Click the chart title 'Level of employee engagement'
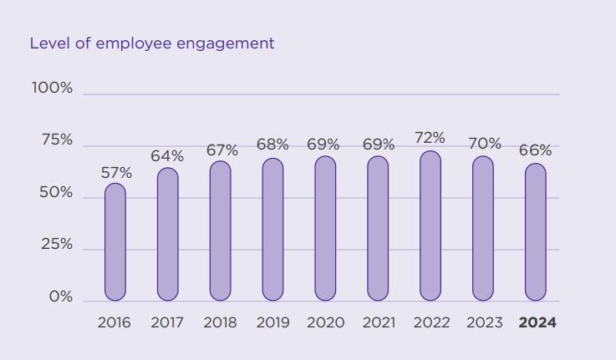[x=152, y=43]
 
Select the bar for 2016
[x=115, y=242]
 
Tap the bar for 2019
[x=272, y=230]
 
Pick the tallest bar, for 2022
[x=430, y=226]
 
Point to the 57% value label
[x=116, y=173]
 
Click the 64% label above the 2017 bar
[x=167, y=156]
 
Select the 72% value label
[x=430, y=138]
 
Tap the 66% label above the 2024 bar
[x=535, y=150]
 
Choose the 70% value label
[x=484, y=144]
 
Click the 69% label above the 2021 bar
[x=379, y=145]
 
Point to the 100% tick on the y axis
[x=53, y=88]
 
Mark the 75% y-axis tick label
[x=57, y=140]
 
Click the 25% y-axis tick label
[x=57, y=246]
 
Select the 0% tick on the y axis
[x=61, y=297]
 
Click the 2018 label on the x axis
[x=220, y=322]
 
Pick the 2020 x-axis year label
[x=325, y=322]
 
